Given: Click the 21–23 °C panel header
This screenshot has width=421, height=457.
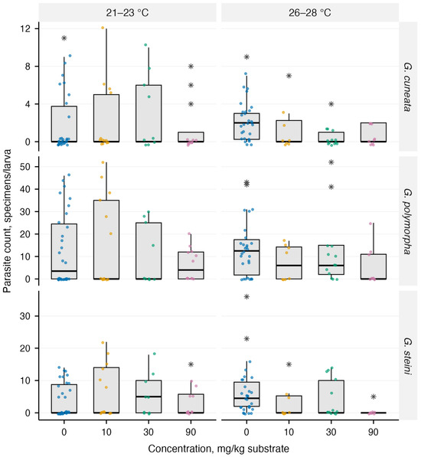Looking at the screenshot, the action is (127, 13).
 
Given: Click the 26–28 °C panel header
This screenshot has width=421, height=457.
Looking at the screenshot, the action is (310, 13).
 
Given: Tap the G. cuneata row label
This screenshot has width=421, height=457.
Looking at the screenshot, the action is (407, 87).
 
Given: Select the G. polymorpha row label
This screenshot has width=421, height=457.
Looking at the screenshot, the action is (407, 221).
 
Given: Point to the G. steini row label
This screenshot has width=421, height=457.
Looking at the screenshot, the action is (407, 356).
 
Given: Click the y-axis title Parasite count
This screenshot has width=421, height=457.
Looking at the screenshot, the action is (7, 221).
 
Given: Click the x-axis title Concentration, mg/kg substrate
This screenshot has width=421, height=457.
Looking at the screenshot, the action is (218, 449).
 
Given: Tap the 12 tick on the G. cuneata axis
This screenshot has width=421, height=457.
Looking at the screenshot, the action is (25, 29).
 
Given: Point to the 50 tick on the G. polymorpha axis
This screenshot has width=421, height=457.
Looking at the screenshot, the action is (25, 167).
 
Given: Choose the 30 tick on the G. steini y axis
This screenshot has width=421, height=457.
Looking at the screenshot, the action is (25, 316).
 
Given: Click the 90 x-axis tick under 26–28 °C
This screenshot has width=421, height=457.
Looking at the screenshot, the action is (374, 432).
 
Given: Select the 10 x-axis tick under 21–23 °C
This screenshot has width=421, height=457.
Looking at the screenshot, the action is (106, 432).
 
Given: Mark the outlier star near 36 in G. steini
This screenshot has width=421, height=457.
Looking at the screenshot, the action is (246, 297).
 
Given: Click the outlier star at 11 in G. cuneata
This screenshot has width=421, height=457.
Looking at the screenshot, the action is (64, 38).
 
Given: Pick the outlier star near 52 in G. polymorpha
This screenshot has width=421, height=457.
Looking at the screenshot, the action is (331, 162).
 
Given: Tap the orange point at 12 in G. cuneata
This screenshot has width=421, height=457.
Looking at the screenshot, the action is (103, 28).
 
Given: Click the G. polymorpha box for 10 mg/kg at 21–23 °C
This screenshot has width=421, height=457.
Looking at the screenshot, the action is (106, 240).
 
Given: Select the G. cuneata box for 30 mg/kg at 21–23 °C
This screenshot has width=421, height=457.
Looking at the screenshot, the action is (148, 113).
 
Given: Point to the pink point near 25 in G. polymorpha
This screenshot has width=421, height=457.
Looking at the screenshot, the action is (370, 224).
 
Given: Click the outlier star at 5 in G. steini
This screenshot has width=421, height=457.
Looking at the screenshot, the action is (374, 397).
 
